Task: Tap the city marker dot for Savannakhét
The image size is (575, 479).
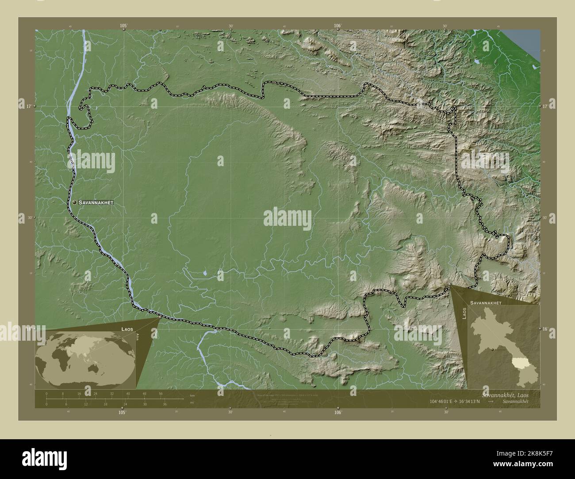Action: click(x=75, y=202)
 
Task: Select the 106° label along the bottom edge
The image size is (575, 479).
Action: click(x=338, y=413)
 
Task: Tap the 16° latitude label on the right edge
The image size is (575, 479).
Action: click(x=546, y=329)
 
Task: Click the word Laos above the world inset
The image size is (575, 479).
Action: click(x=128, y=329)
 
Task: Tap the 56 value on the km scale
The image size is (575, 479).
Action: click(x=161, y=393)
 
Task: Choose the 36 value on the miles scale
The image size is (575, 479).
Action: click(x=164, y=404)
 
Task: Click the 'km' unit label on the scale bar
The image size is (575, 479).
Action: click(x=192, y=395)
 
